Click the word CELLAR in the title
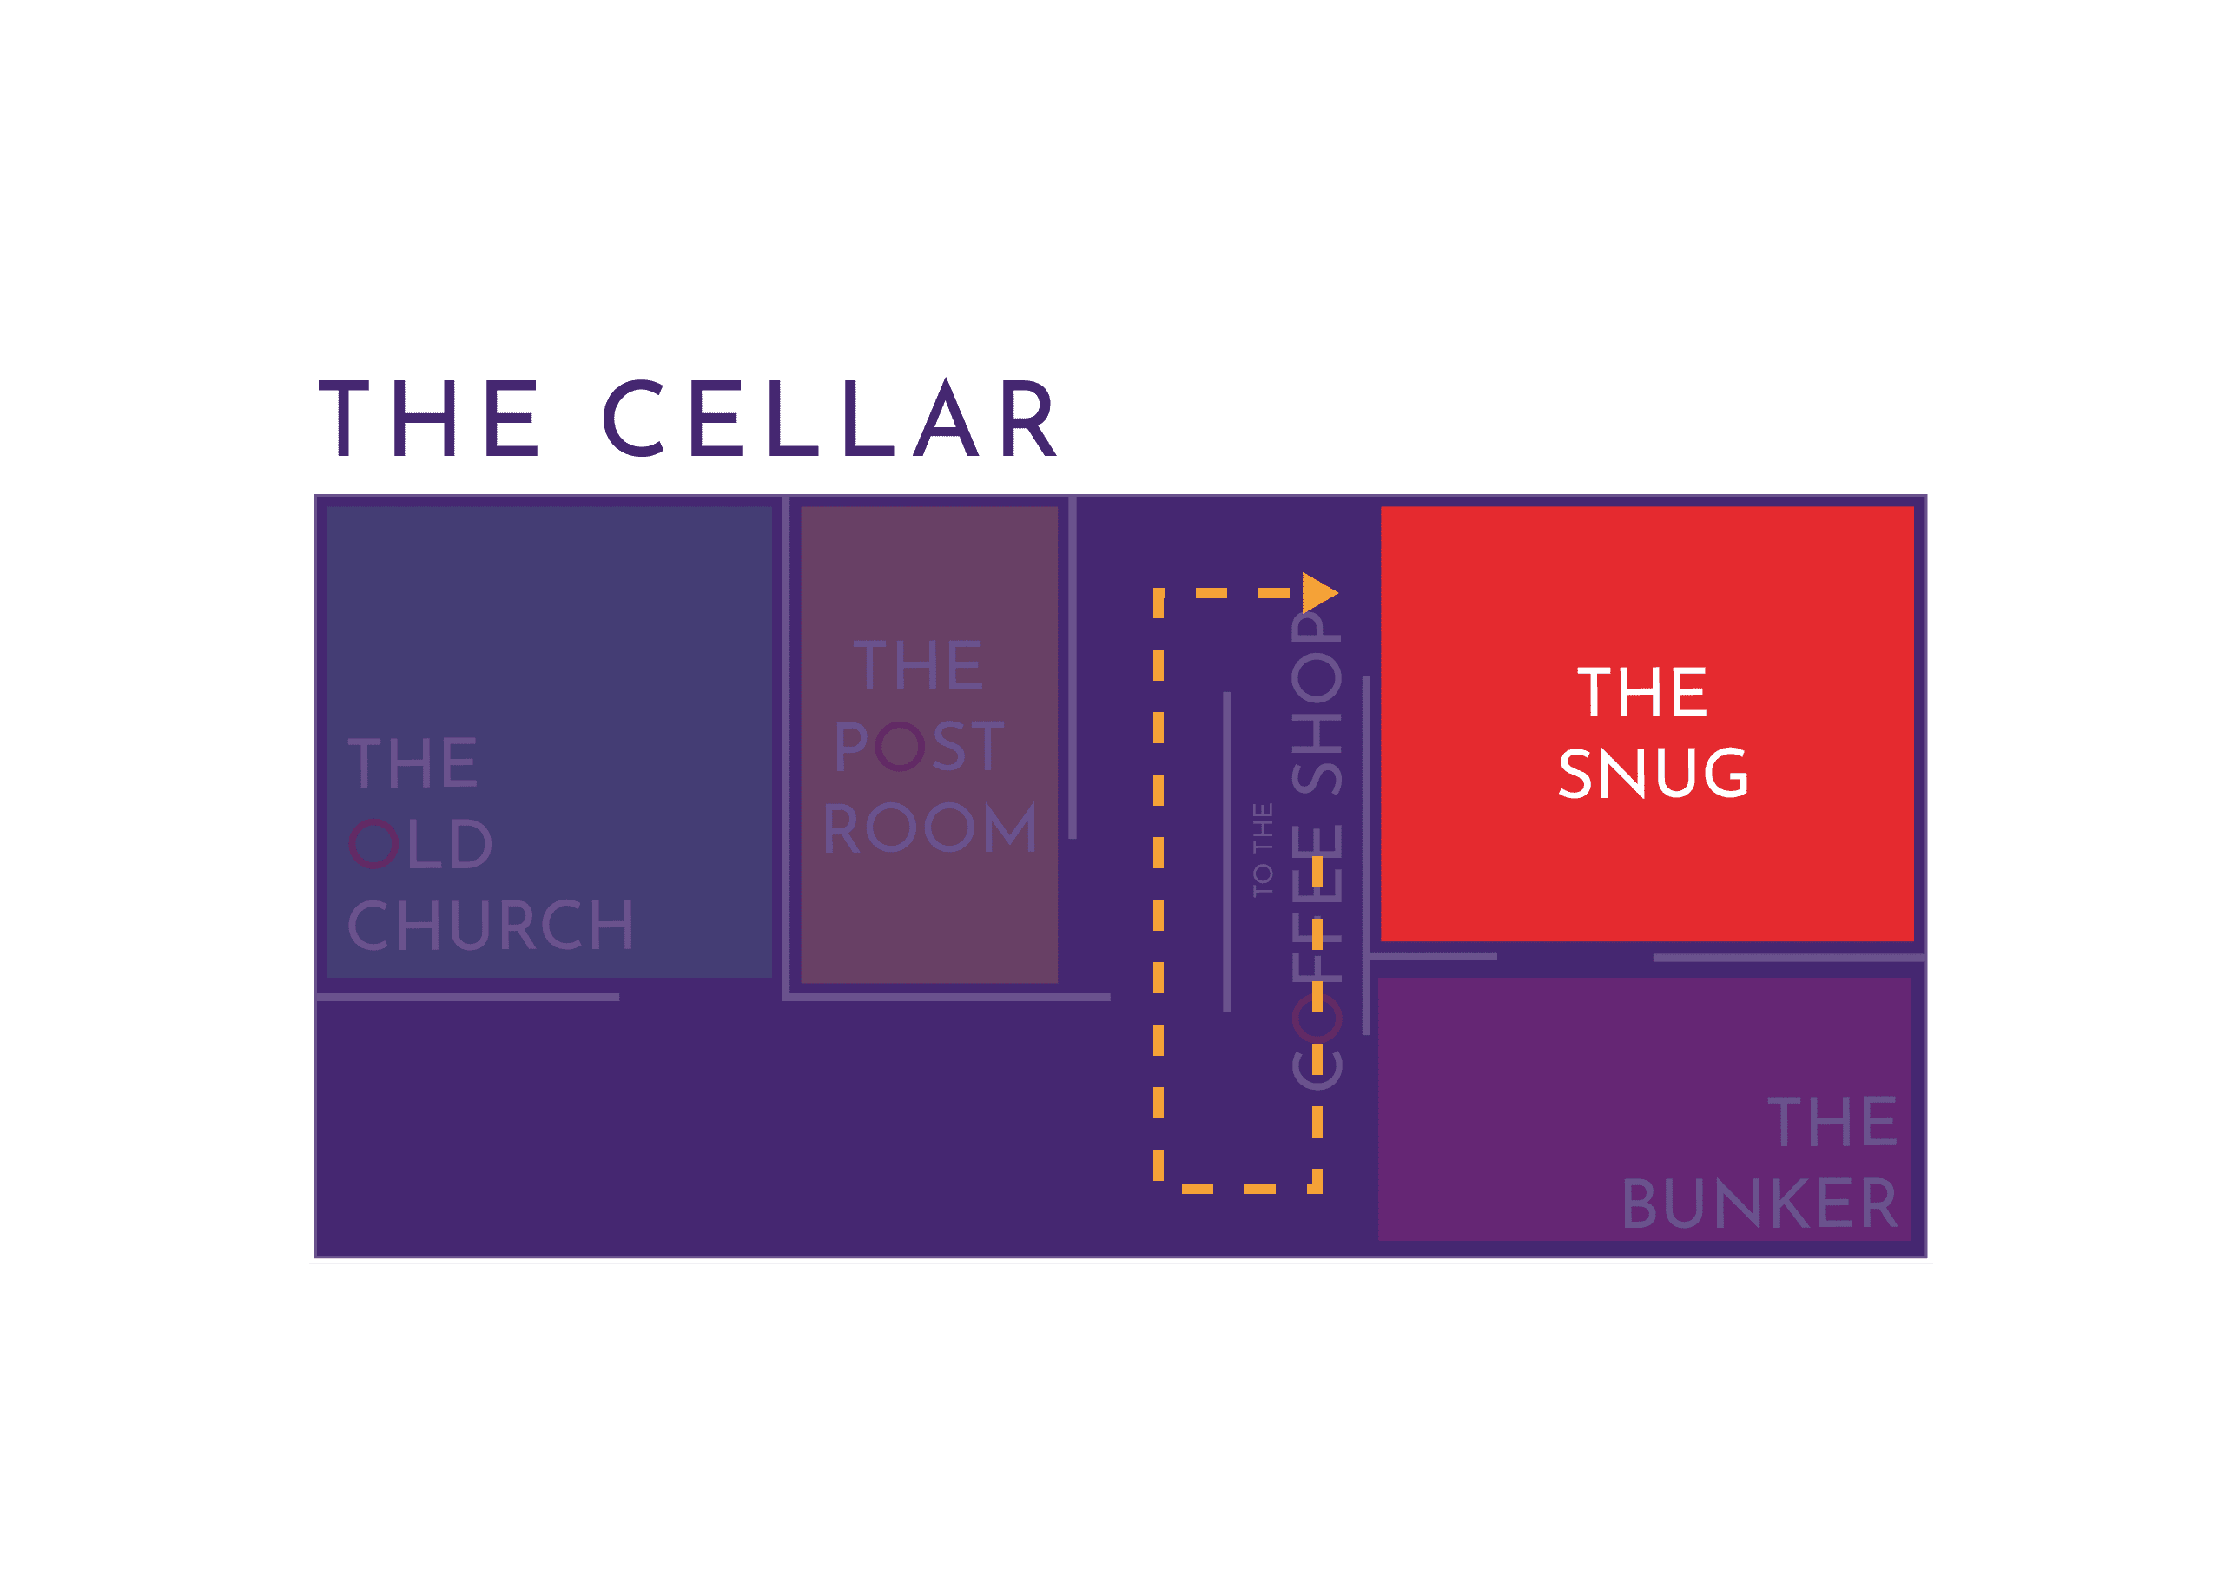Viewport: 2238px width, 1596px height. point(830,419)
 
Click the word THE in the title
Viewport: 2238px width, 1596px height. point(430,419)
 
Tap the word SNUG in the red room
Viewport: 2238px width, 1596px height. point(1654,774)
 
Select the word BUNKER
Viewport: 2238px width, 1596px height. point(1759,1204)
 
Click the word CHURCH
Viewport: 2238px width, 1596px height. point(491,926)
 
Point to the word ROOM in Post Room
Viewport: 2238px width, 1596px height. point(930,828)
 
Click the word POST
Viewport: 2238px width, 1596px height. point(919,747)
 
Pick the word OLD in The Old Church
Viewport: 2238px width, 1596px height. point(420,844)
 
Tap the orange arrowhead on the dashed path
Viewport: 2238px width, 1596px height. point(1319,592)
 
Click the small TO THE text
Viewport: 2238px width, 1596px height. point(1263,849)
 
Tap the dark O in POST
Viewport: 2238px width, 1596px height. point(900,747)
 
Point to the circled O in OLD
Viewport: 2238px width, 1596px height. point(373,844)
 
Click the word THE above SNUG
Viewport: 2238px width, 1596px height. point(1642,693)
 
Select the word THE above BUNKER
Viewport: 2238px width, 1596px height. point(1832,1122)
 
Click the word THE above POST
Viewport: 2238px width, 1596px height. point(918,665)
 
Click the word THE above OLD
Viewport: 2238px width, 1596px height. point(413,762)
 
